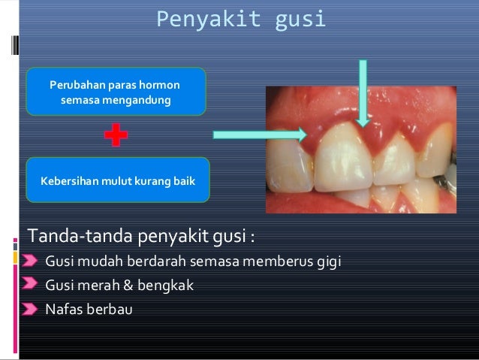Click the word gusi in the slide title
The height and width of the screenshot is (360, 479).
300,19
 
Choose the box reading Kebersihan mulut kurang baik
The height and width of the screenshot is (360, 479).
117,181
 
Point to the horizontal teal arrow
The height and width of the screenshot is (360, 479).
260,135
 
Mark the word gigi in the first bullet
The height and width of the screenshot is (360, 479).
328,262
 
